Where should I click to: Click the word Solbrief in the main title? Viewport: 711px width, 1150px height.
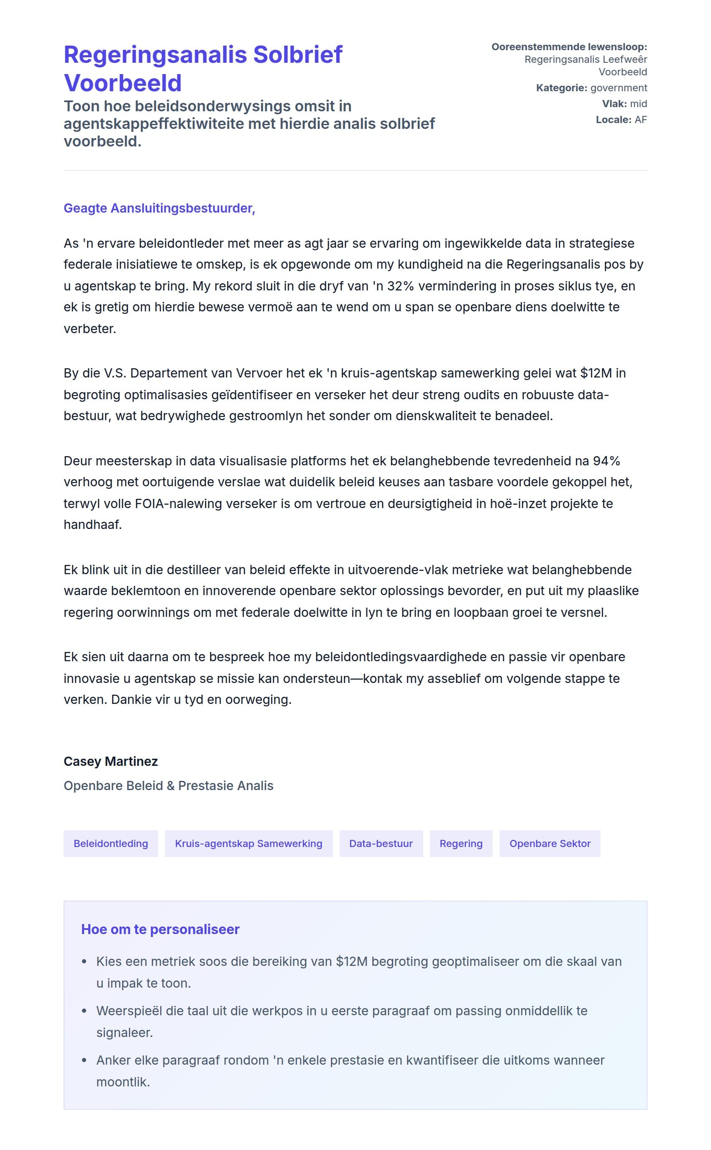(298, 54)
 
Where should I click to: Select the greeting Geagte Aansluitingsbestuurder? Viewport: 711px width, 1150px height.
(159, 208)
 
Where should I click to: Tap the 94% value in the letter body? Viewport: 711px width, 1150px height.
(606, 461)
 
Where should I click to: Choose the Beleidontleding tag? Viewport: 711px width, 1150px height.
(110, 844)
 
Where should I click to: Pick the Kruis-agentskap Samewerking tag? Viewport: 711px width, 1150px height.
(248, 844)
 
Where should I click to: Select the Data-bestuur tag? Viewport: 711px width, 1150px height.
(381, 844)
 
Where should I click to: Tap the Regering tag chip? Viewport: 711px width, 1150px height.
(461, 844)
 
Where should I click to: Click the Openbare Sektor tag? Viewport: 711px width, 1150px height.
(550, 844)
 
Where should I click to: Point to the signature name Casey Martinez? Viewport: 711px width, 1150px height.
(110, 761)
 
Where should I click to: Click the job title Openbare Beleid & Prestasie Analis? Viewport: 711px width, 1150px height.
(169, 786)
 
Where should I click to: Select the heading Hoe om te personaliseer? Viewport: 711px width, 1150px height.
(160, 929)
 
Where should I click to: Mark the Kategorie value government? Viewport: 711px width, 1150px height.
(619, 88)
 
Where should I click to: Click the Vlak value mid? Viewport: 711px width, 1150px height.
(638, 103)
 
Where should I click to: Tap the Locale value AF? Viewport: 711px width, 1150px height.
(640, 120)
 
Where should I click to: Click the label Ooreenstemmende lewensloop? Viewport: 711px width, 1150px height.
(569, 47)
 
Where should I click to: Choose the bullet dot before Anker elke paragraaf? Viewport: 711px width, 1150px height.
(84, 1060)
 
